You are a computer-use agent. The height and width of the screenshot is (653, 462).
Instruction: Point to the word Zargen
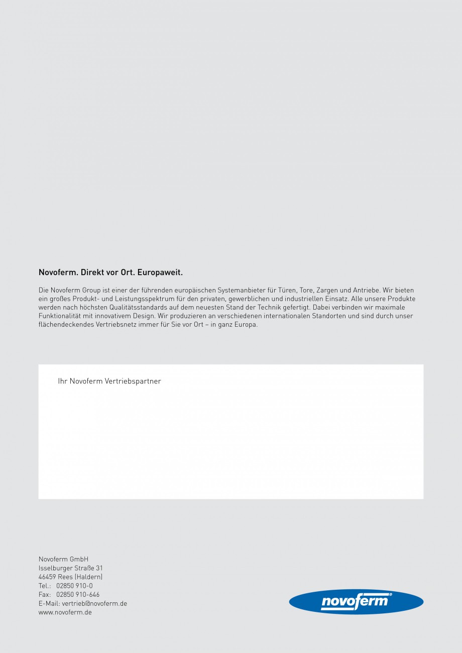point(327,290)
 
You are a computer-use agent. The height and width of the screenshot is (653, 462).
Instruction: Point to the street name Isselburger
point(56,568)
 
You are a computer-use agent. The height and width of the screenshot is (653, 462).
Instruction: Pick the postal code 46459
point(47,577)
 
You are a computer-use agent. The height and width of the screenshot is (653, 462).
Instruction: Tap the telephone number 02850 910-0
point(74,586)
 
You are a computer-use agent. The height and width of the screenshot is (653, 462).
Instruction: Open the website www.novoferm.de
point(65,612)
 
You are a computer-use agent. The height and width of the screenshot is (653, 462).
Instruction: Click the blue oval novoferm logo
point(356,601)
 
